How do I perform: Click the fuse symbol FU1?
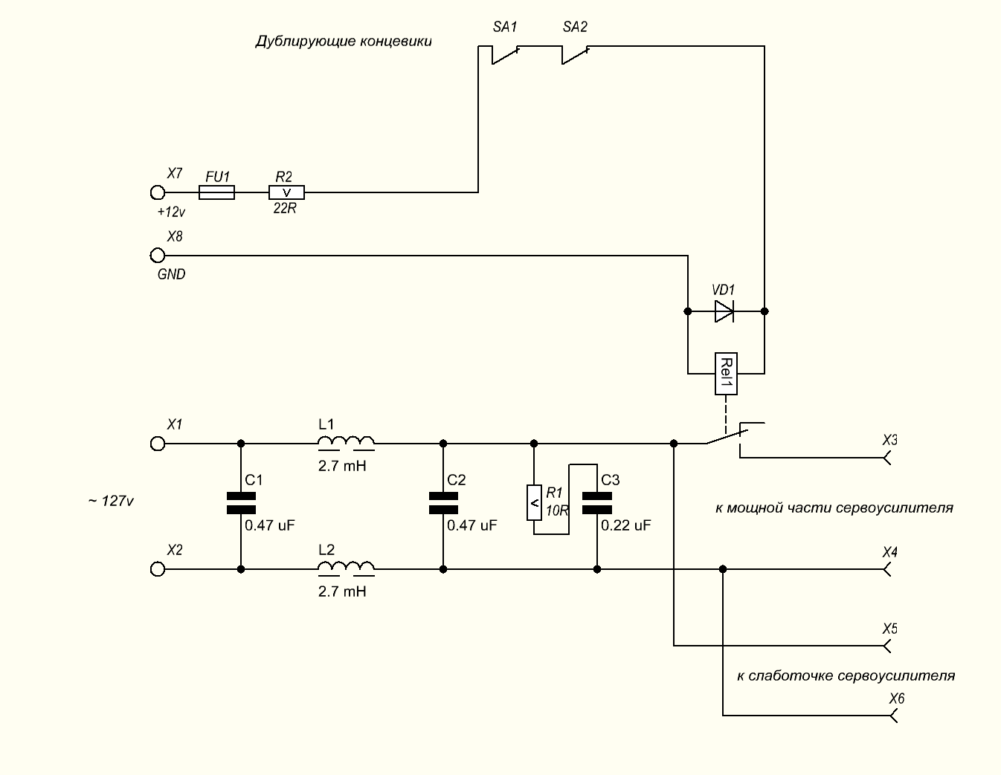click(x=216, y=192)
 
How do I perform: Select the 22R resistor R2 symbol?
click(x=286, y=192)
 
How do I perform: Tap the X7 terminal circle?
click(x=157, y=192)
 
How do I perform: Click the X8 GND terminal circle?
click(x=157, y=256)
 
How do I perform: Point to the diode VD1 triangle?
click(x=724, y=311)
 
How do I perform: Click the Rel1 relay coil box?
click(x=726, y=373)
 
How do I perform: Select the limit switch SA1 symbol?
click(x=505, y=53)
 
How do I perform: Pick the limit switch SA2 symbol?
click(x=575, y=53)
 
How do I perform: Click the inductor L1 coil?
click(x=346, y=443)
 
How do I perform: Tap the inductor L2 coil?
click(x=346, y=568)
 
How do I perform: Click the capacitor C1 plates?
click(x=240, y=503)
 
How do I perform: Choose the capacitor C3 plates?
click(x=596, y=503)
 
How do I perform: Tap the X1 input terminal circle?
click(x=157, y=444)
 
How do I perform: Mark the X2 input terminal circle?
click(x=157, y=569)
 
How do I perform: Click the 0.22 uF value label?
click(x=626, y=525)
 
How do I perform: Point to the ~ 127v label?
click(x=111, y=502)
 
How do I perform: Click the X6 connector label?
click(x=897, y=699)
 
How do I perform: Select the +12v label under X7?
click(x=171, y=212)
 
